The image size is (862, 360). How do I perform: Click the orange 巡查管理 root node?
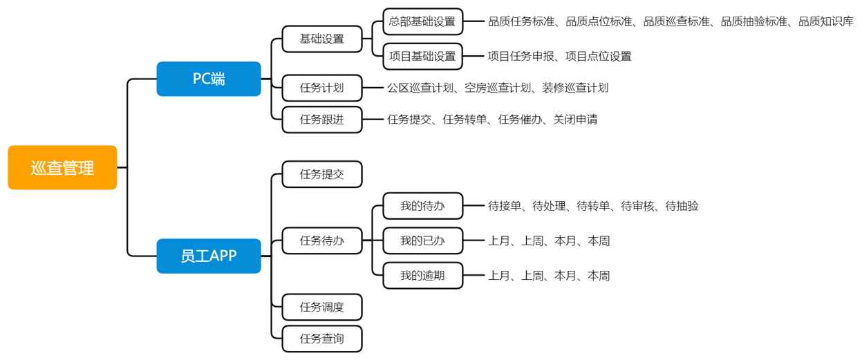pyautogui.click(x=62, y=167)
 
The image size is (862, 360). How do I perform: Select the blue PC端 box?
pyautogui.click(x=209, y=79)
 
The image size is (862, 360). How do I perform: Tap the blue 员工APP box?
pyautogui.click(x=209, y=256)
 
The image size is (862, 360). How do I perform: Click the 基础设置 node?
pyautogui.click(x=322, y=39)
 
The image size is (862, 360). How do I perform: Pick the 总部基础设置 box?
pyautogui.click(x=423, y=21)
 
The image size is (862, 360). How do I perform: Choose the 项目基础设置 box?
pyautogui.click(x=423, y=56)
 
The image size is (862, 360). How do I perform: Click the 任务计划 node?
pyautogui.click(x=322, y=88)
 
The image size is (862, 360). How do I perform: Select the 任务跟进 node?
pyautogui.click(x=322, y=120)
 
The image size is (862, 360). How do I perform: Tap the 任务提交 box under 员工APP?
pyautogui.click(x=322, y=174)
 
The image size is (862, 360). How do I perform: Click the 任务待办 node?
pyautogui.click(x=322, y=240)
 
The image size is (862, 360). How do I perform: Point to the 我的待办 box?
pyautogui.click(x=423, y=206)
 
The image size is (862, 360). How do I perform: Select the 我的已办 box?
pyautogui.click(x=423, y=240)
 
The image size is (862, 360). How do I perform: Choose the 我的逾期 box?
pyautogui.click(x=423, y=276)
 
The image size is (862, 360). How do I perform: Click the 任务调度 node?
pyautogui.click(x=322, y=307)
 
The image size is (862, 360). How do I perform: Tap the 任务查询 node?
pyautogui.click(x=322, y=339)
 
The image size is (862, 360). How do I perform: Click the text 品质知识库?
pyautogui.click(x=826, y=21)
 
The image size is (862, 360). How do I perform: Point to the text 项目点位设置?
pyautogui.click(x=599, y=56)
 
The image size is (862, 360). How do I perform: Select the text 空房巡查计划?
pyautogui.click(x=498, y=88)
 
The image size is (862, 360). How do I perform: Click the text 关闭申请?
pyautogui.click(x=575, y=120)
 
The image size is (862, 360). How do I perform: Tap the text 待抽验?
pyautogui.click(x=682, y=206)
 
